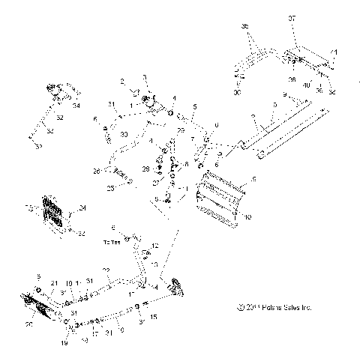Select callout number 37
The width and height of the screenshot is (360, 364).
(292, 17)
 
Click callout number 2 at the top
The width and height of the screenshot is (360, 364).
(121, 80)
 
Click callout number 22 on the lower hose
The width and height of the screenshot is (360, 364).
(106, 270)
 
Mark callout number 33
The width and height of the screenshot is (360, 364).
(124, 134)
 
